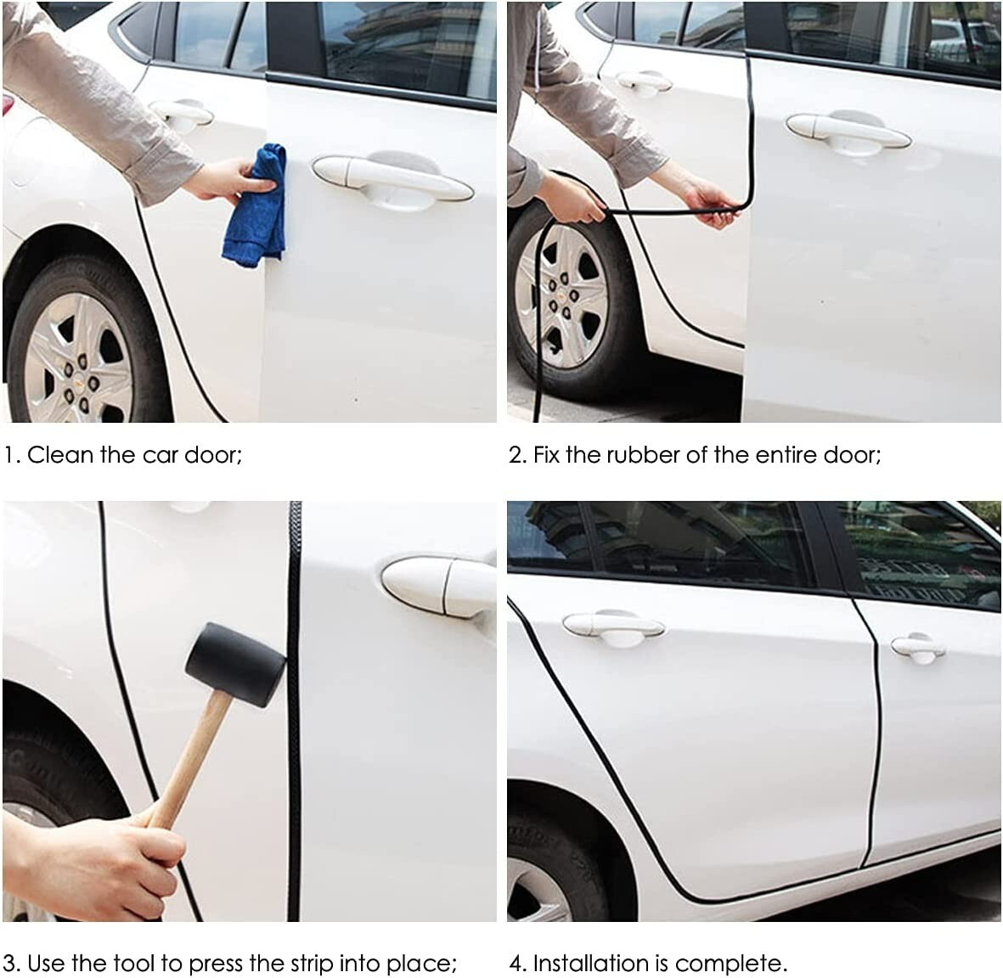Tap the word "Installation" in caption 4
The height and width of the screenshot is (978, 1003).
[592, 963]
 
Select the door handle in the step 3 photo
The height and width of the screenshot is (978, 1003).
[439, 586]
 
